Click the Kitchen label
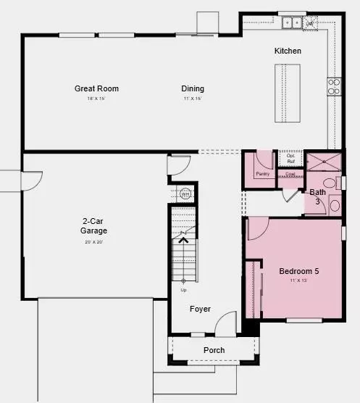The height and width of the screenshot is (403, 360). click(x=288, y=51)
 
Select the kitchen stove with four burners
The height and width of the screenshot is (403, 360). click(x=334, y=86)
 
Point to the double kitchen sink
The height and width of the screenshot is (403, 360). click(x=293, y=22)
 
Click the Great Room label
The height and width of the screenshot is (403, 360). click(x=96, y=88)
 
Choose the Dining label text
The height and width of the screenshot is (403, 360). click(x=193, y=88)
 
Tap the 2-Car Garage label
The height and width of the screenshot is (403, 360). click(x=94, y=226)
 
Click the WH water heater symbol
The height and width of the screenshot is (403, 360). click(x=185, y=194)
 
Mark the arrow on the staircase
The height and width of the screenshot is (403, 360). click(x=183, y=241)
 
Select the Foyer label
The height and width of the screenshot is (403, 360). click(x=200, y=309)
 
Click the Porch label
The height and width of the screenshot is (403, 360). click(x=214, y=350)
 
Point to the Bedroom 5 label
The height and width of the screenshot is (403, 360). click(x=299, y=271)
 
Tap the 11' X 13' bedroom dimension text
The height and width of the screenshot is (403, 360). click(x=299, y=280)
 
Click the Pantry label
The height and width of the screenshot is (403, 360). click(x=263, y=174)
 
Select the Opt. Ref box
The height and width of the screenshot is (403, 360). click(x=290, y=158)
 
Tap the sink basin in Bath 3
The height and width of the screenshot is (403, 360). click(x=335, y=205)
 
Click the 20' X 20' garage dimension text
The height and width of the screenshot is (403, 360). click(x=94, y=242)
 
